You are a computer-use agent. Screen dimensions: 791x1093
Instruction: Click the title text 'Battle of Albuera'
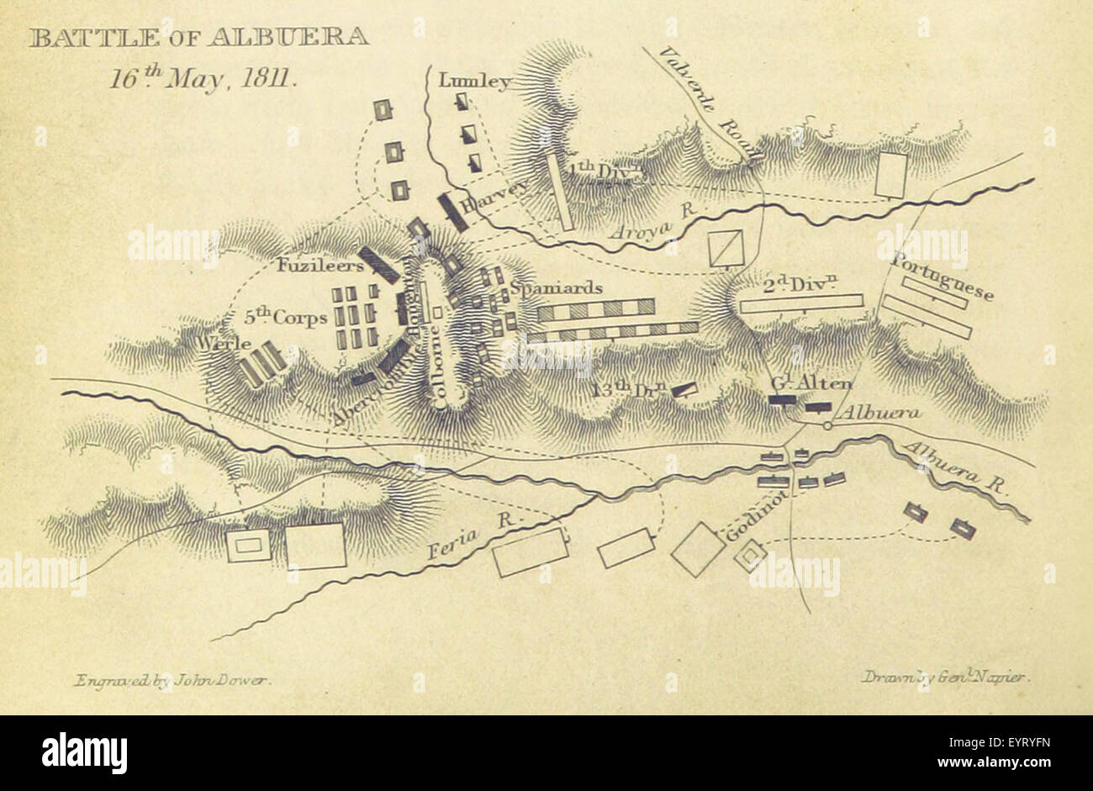coord(198,38)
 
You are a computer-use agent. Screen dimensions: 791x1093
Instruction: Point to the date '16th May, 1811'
coord(201,79)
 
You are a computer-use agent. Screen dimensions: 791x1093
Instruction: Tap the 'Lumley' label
coord(474,82)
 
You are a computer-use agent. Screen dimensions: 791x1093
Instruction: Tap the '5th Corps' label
coord(286,319)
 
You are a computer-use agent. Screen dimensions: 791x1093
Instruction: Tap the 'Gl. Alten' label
coord(811,384)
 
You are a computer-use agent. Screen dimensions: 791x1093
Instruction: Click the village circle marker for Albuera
coord(827,426)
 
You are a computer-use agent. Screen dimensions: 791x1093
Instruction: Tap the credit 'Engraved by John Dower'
coord(172,680)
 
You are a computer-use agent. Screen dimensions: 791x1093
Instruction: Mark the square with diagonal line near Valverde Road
coord(725,248)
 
